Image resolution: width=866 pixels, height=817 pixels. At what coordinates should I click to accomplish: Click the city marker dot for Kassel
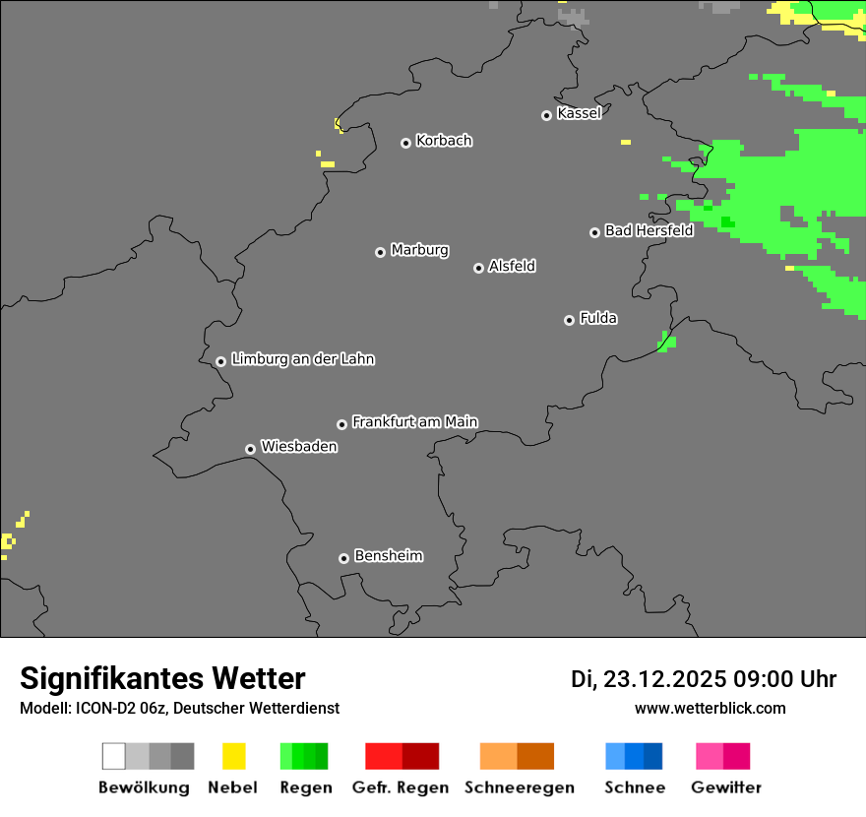(x=546, y=115)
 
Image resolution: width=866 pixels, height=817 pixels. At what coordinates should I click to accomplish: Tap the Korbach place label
(x=444, y=141)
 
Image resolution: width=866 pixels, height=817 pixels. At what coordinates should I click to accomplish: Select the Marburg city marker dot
(x=380, y=252)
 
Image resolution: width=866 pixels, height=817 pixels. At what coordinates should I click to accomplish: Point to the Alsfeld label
(x=512, y=266)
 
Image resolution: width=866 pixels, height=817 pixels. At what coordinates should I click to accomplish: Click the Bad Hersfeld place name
(x=649, y=230)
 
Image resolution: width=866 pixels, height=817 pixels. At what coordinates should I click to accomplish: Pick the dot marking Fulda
(x=569, y=320)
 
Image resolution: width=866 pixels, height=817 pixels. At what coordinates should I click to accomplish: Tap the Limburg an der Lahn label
(x=302, y=359)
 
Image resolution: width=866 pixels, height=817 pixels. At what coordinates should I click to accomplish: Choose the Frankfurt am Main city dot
(x=341, y=424)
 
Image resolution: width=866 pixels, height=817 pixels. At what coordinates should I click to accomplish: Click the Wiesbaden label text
(x=298, y=447)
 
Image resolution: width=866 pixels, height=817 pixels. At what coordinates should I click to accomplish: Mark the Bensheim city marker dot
(x=343, y=558)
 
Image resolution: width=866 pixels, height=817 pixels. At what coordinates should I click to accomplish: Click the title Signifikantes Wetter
(x=162, y=678)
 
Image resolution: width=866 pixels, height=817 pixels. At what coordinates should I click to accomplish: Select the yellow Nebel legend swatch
(x=233, y=756)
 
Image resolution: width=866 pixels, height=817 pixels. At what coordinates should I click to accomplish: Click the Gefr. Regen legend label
(x=401, y=787)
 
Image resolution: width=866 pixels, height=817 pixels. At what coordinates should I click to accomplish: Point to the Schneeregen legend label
(x=520, y=787)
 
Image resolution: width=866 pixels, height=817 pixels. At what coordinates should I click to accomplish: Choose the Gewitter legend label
(x=726, y=787)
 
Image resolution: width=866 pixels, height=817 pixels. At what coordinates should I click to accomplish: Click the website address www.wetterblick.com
(x=711, y=708)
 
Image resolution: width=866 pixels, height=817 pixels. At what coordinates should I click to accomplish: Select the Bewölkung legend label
(x=144, y=787)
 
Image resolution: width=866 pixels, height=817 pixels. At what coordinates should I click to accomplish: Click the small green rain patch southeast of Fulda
(x=667, y=342)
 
